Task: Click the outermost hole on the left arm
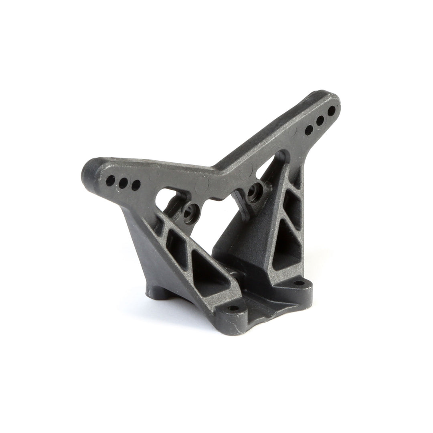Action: coord(110,180)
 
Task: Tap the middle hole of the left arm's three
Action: coord(123,183)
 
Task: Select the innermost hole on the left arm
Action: coord(136,185)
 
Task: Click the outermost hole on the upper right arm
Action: coord(332,111)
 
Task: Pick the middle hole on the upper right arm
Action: coord(320,120)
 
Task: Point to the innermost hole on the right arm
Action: coord(309,129)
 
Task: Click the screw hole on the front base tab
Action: coord(233,309)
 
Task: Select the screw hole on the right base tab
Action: coord(299,283)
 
